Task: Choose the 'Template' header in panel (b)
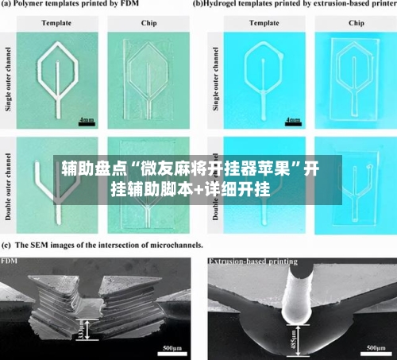(264, 23)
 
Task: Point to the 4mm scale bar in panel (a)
(86, 121)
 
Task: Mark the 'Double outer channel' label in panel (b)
(215, 187)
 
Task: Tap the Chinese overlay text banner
(191, 180)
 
